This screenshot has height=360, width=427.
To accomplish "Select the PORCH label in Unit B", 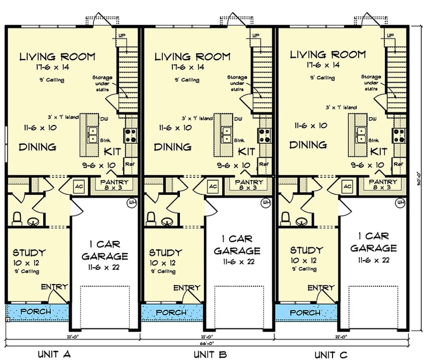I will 172,312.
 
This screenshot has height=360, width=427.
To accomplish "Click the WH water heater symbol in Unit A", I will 131,204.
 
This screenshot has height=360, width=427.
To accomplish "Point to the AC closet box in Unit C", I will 347,186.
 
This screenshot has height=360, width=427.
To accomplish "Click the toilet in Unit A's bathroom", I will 17,218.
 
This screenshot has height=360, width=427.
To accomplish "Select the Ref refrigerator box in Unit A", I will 129,163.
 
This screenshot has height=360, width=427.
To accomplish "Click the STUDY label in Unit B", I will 165,252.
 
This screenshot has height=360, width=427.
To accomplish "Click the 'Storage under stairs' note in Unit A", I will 102,83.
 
